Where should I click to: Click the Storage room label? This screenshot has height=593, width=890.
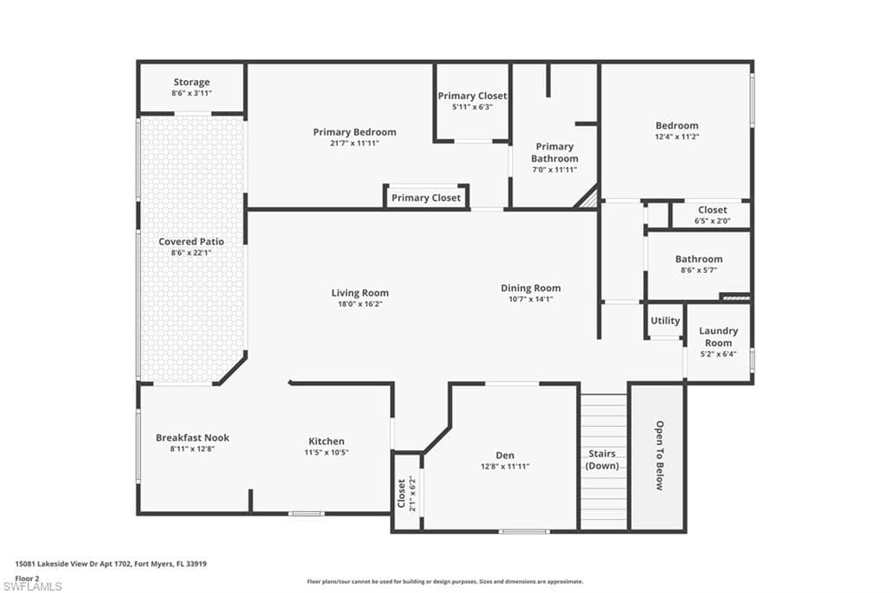point(191,83)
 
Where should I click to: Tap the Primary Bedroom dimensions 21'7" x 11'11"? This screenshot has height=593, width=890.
point(355,143)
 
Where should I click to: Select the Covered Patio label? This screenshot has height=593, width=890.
point(191,242)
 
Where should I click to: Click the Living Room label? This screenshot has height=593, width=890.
point(360,293)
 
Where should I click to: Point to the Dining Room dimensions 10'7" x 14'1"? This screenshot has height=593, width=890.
point(530,299)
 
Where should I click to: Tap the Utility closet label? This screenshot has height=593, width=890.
point(666,321)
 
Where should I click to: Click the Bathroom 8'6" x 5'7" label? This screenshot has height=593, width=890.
point(699,259)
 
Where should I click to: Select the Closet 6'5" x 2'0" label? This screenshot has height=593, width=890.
point(713,210)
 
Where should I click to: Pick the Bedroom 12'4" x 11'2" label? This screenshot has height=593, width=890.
point(677,126)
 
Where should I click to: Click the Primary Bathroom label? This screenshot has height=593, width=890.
point(555,152)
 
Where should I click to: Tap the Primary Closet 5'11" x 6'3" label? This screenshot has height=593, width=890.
point(472,96)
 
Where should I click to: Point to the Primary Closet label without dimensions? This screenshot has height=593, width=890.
point(426,198)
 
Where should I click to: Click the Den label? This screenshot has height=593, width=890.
point(505,456)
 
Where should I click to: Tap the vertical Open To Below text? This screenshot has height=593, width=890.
point(659,456)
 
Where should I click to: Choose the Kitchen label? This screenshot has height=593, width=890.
point(327,442)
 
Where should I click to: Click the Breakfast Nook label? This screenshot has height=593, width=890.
point(193,437)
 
